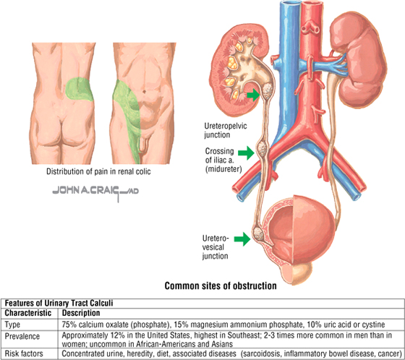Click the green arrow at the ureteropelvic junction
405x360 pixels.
pyautogui.click(x=253, y=95)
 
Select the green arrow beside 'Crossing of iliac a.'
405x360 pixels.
pyautogui.click(x=246, y=153)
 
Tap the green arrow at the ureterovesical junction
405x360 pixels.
pyautogui.click(x=242, y=239)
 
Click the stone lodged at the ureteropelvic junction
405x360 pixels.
pyautogui.click(x=267, y=90)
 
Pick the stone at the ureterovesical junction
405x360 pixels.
pyautogui.click(x=257, y=233)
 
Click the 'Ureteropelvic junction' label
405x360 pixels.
pyautogui.click(x=225, y=130)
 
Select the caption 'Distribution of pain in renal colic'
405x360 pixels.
pyautogui.click(x=98, y=171)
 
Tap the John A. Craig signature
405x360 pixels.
pyautogui.click(x=95, y=192)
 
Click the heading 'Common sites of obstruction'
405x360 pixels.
pyautogui.click(x=221, y=286)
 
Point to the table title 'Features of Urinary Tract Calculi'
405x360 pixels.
pyautogui.click(x=59, y=303)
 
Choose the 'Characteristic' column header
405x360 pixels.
pyautogui.click(x=28, y=313)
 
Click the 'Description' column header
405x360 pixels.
pyautogui.click(x=81, y=313)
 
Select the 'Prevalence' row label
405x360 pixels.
pyautogui.click(x=22, y=336)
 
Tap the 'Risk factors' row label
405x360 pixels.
pyautogui.click(x=24, y=353)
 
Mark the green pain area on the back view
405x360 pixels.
pyautogui.click(x=80, y=89)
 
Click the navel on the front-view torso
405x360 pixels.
pyautogui.click(x=144, y=91)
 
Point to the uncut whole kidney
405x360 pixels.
pyautogui.click(x=359, y=59)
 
